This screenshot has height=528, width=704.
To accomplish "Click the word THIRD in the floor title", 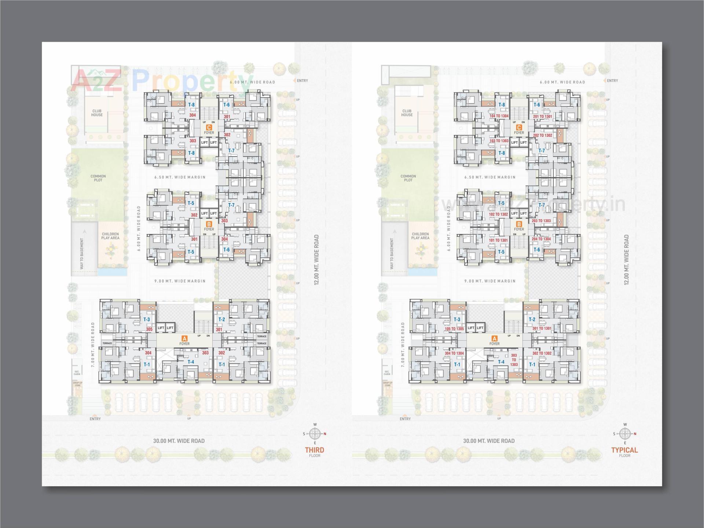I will click(314, 450).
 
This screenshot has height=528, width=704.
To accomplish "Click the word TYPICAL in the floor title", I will click(624, 450).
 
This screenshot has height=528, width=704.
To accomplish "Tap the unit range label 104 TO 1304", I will click(499, 116).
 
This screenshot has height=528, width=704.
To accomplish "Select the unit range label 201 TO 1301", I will click(542, 117).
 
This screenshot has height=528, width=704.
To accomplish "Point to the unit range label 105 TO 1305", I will click(454, 329).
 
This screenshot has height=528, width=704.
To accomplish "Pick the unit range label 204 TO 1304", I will click(541, 239).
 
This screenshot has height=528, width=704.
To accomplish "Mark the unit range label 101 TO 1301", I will click(498, 241).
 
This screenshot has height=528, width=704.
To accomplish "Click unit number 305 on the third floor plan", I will click(149, 330).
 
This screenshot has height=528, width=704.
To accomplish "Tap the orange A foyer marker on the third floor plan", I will click(184, 338).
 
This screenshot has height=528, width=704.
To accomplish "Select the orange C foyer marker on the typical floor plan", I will click(519, 127).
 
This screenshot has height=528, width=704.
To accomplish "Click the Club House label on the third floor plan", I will click(97, 113).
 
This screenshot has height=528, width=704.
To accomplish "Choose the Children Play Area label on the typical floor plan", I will click(420, 236).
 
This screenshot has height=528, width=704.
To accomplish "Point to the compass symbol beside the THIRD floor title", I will click(315, 434).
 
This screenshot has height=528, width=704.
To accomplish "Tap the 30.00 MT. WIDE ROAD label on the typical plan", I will click(489, 441).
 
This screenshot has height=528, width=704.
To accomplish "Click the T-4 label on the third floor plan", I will click(191, 362).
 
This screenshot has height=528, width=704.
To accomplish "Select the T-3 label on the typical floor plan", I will click(456, 319).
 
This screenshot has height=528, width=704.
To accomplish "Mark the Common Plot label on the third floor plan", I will click(98, 178).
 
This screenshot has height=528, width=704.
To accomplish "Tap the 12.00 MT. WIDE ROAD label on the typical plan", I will click(626, 260).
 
